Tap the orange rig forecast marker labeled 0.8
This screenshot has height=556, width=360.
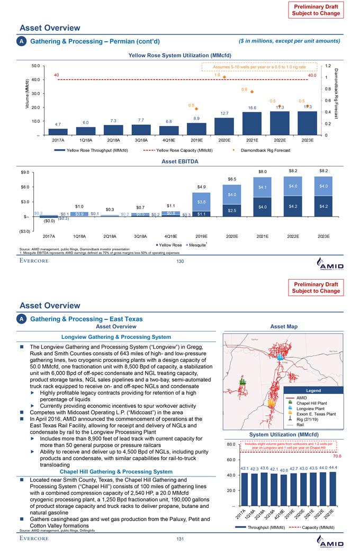point(252,92)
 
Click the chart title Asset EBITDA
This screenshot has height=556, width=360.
point(179,161)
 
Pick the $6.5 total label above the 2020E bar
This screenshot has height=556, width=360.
point(231,179)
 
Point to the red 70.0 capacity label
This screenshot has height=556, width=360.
point(337,455)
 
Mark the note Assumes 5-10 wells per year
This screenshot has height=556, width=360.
point(259,67)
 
